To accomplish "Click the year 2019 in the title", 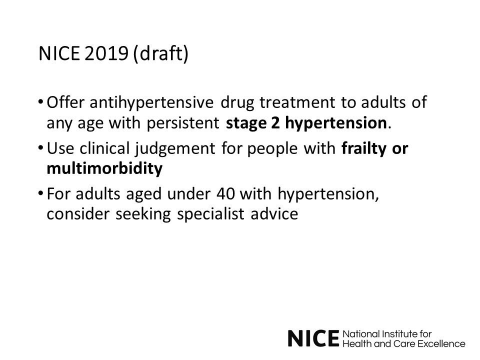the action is tap(106, 53).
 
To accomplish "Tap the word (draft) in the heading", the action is tap(161, 54).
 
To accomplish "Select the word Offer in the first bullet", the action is tap(65, 102).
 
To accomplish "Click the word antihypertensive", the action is tap(151, 103).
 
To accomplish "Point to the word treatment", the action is tap(297, 102).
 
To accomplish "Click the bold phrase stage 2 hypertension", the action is tap(306, 123).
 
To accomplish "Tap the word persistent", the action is tap(183, 123).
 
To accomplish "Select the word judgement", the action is tap(175, 149).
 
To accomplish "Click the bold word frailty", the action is tap(364, 149).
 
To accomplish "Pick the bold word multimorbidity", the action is tap(104, 168).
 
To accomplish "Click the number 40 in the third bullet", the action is tap(225, 194).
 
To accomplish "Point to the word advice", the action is tap(274, 213).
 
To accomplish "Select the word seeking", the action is tap(143, 214).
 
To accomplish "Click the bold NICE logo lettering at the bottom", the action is tap(314, 338).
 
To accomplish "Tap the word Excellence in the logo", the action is tap(441, 344).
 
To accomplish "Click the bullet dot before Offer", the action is tap(40, 102).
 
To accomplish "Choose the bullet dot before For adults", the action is tap(40, 193).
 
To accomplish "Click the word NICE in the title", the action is tap(59, 53).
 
